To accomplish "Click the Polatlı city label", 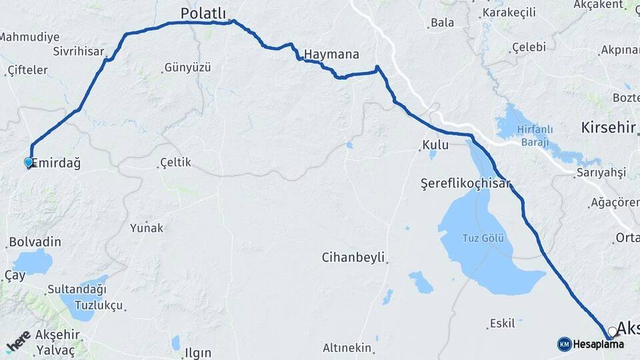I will coord(204,13).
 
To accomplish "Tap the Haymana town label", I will coord(331,54).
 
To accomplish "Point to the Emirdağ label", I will coord(56,163).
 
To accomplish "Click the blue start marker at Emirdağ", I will coord(28,162).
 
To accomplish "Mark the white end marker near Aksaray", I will coord(612,331).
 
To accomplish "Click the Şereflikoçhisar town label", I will coord(465,183).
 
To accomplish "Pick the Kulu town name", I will coord(435,145).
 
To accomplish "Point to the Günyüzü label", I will coord(187,67).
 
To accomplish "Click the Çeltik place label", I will coord(175,162).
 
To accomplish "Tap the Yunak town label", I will coord(147,227).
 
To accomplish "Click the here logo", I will coord(18,341).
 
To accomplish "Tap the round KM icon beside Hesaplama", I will coord(564,344).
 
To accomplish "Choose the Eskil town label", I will coord(502,323).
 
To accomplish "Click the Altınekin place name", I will coord(347,347).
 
